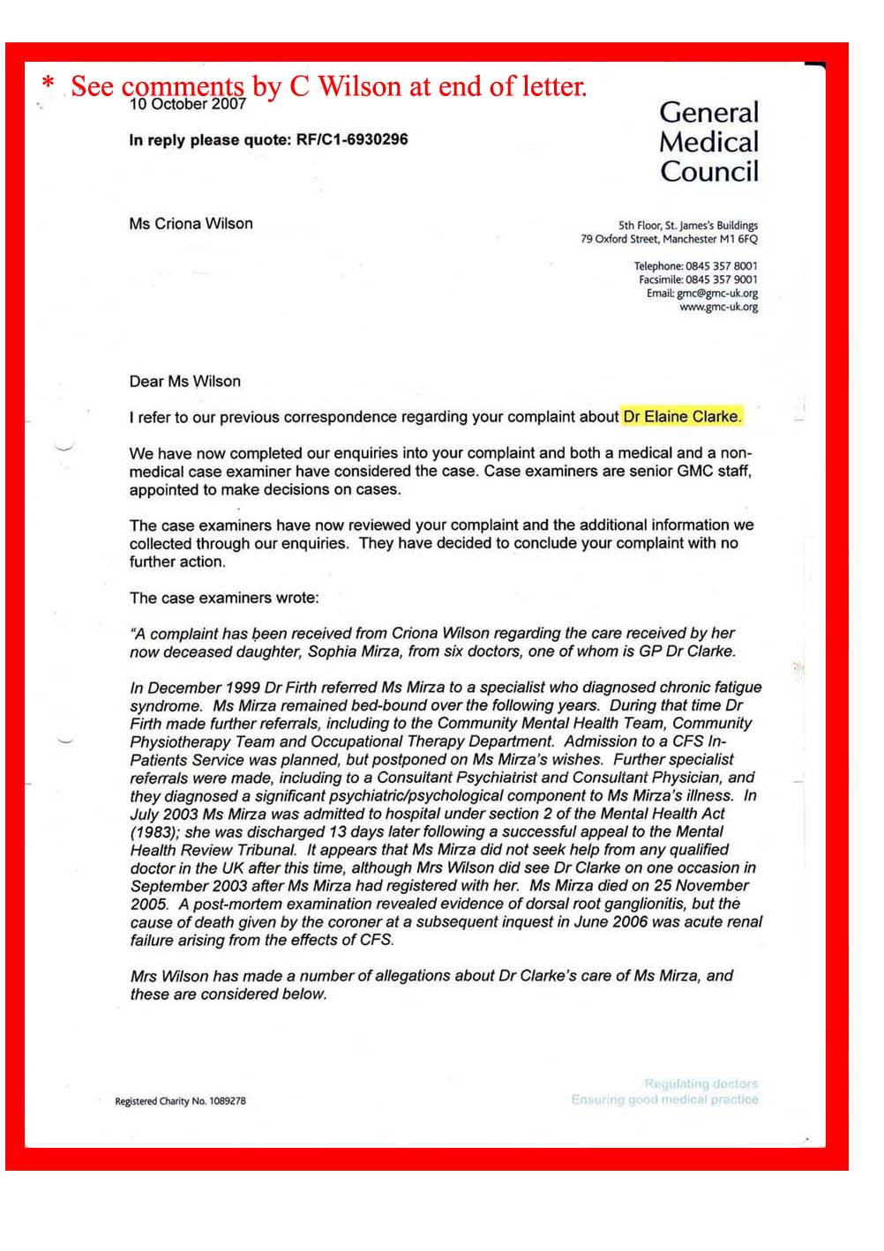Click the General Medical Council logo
coord(708,141)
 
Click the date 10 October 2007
coord(187,105)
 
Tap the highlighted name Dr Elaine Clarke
coord(682,416)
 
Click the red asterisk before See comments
coord(49,86)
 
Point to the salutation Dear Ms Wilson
coord(184,381)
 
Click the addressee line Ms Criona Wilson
coord(191,224)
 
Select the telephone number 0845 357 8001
coord(721,266)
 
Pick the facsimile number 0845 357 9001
coord(721,279)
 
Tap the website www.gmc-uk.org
coord(718,307)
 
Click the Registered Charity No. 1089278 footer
coord(180,1101)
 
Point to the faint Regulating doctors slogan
coord(700,1083)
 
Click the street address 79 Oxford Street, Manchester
coord(669,239)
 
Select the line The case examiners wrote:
coord(224,598)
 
